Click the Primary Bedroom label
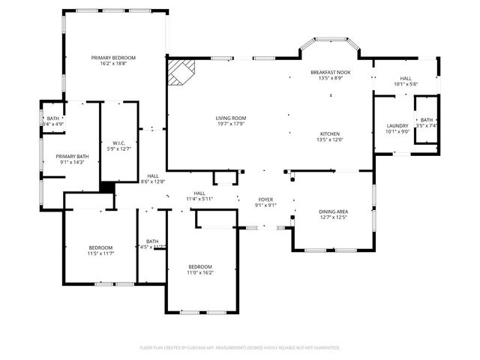[113, 58]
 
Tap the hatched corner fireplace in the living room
[180, 72]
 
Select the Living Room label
[231, 118]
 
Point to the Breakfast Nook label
[331, 72]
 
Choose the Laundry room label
[397, 125]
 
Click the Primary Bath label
[72, 156]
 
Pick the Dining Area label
[333, 211]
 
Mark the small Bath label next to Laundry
[426, 120]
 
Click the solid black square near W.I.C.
[107, 189]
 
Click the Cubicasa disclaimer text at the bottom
[240, 348]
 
